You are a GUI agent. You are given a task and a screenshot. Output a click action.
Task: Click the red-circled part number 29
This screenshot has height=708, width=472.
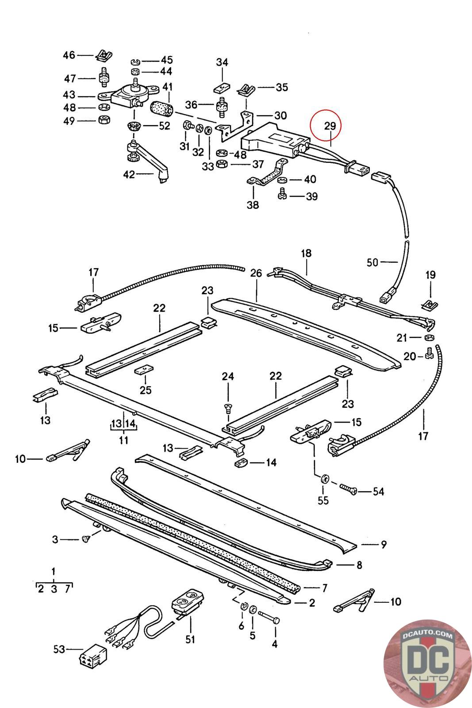pyautogui.click(x=330, y=126)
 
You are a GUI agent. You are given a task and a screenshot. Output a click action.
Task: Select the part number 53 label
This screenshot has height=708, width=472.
pyautogui.click(x=59, y=649)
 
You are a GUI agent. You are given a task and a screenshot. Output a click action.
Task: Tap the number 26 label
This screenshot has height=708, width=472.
pyautogui.click(x=256, y=273)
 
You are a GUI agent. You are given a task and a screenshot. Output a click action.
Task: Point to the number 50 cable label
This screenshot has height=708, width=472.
pyautogui.click(x=372, y=262)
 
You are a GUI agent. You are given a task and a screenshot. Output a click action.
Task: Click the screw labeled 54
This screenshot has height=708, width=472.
pyautogui.click(x=349, y=489)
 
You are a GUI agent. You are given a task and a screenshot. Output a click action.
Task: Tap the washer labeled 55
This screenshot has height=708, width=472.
pyautogui.click(x=324, y=478)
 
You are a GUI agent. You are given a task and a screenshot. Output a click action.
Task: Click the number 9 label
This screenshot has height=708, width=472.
pyautogui.click(x=383, y=544)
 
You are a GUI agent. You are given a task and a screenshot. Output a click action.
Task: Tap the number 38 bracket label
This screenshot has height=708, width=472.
pyautogui.click(x=253, y=205)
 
